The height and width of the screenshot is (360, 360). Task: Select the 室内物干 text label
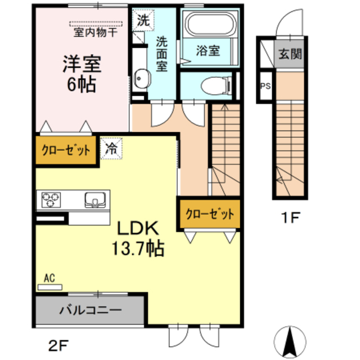tap(95, 32)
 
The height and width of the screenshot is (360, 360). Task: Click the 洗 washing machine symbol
tap(144, 22)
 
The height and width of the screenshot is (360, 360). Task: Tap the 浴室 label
tap(208, 51)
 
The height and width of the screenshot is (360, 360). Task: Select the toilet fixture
tap(216, 86)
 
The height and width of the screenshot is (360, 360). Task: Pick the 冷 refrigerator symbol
tap(112, 149)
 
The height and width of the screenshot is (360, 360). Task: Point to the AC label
tap(49, 278)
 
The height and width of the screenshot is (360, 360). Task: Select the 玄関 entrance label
tap(290, 55)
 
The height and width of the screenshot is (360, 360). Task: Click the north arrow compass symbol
tap(291, 340)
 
